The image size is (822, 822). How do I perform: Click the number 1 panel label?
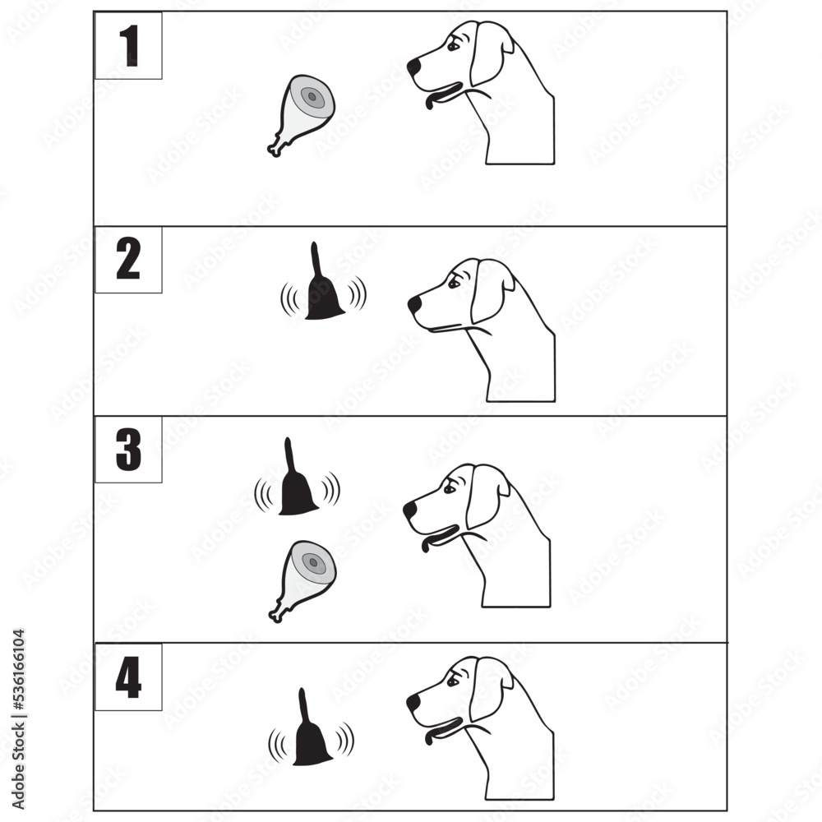point(127,47)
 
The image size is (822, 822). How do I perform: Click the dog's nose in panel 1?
point(413,64)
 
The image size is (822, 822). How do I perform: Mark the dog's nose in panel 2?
point(413,304)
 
